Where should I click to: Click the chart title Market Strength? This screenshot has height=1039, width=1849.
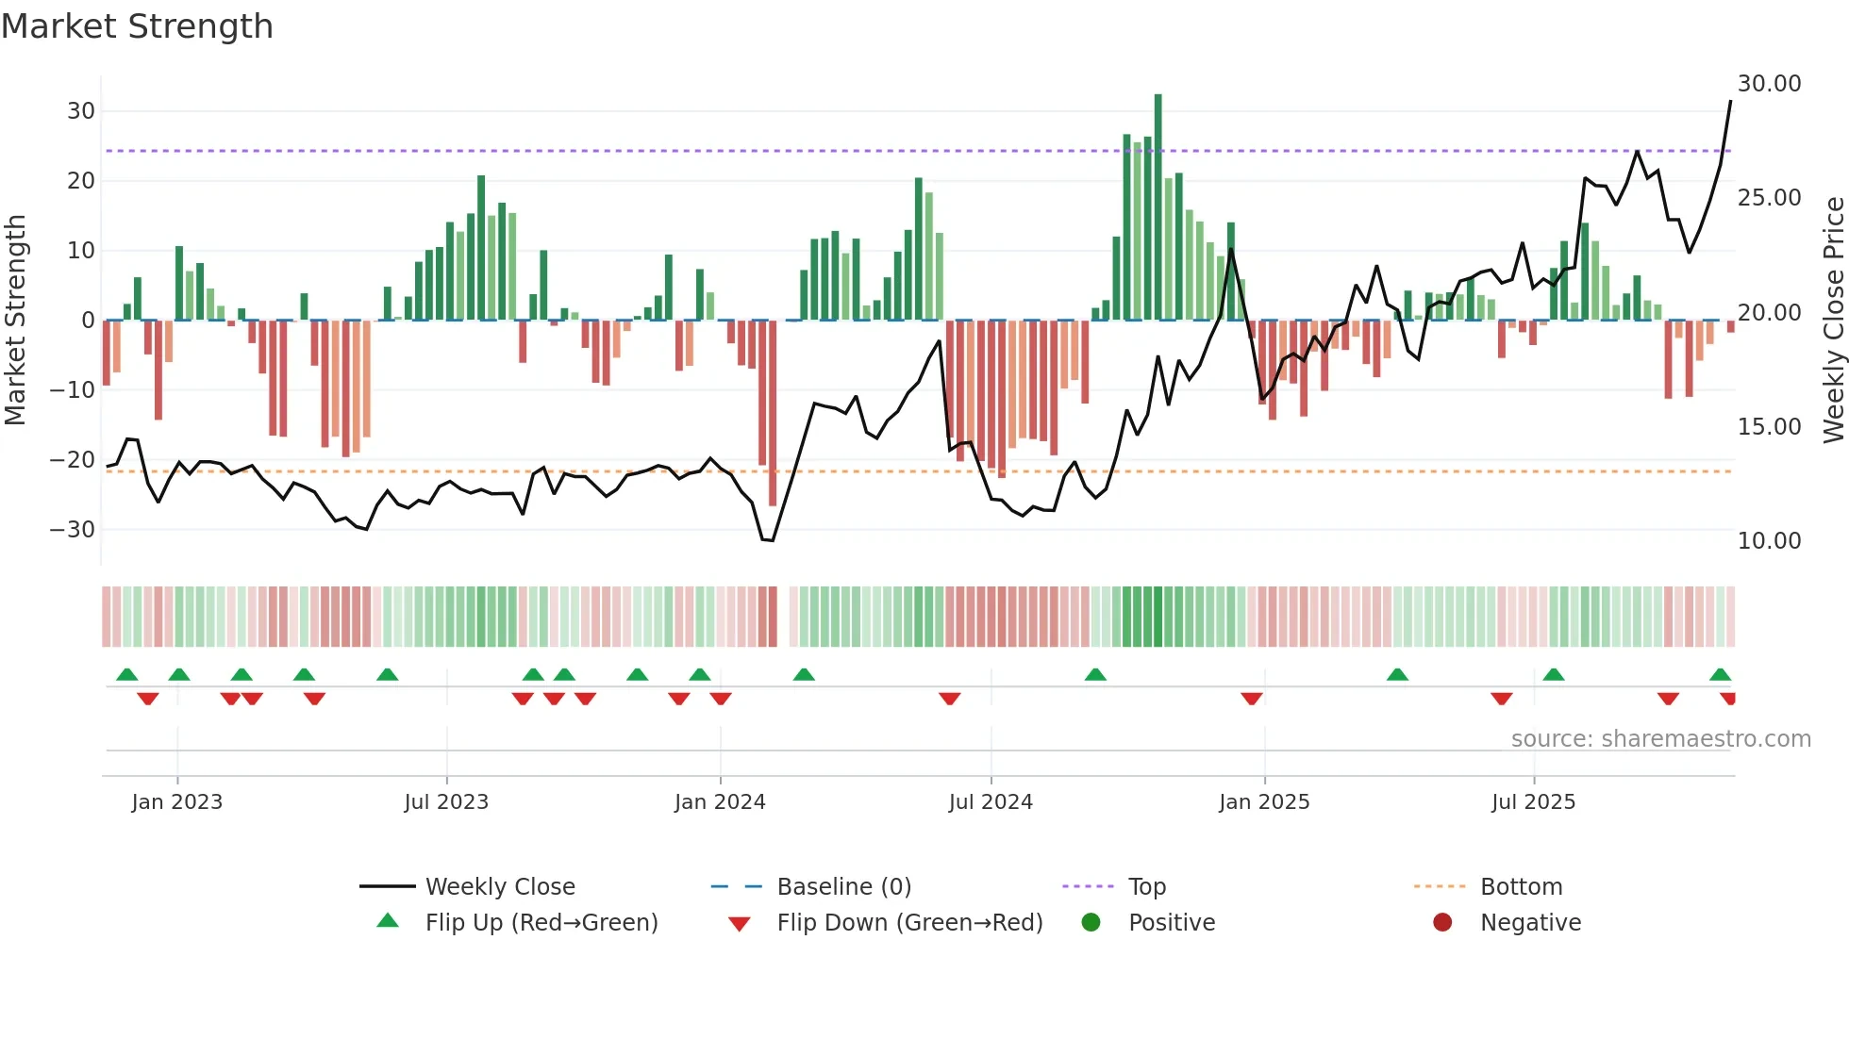pyautogui.click(x=137, y=26)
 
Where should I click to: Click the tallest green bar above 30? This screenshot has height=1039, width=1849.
pyautogui.click(x=1158, y=207)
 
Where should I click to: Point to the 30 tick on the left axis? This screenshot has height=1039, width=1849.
pyautogui.click(x=81, y=111)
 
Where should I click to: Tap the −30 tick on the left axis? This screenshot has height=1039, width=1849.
pyautogui.click(x=74, y=530)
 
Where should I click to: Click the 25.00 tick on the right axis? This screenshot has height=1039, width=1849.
pyautogui.click(x=1769, y=198)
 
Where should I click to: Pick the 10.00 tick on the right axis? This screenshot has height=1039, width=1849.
pyautogui.click(x=1769, y=541)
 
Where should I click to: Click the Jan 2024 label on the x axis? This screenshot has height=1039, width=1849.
pyautogui.click(x=720, y=802)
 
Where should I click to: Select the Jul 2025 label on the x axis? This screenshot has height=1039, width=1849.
pyautogui.click(x=1533, y=802)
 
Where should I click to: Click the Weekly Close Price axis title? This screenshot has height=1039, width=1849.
pyautogui.click(x=1833, y=320)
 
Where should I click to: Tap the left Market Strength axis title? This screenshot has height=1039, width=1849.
pyautogui.click(x=15, y=320)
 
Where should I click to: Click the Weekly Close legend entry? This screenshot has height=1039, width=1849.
pyautogui.click(x=499, y=887)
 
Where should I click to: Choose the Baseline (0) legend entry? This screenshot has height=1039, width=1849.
pyautogui.click(x=843, y=887)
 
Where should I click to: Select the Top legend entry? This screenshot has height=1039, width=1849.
pyautogui.click(x=1146, y=887)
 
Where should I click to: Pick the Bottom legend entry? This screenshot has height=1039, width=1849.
pyautogui.click(x=1521, y=887)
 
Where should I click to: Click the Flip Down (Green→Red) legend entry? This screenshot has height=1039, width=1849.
pyautogui.click(x=908, y=923)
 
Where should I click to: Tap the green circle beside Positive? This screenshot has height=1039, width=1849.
pyautogui.click(x=1091, y=923)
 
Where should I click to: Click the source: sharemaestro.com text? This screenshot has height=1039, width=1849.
pyautogui.click(x=1660, y=739)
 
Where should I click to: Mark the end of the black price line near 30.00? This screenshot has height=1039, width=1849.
pyautogui.click(x=1730, y=101)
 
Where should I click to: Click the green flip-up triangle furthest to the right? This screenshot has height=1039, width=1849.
pyautogui.click(x=1720, y=675)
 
